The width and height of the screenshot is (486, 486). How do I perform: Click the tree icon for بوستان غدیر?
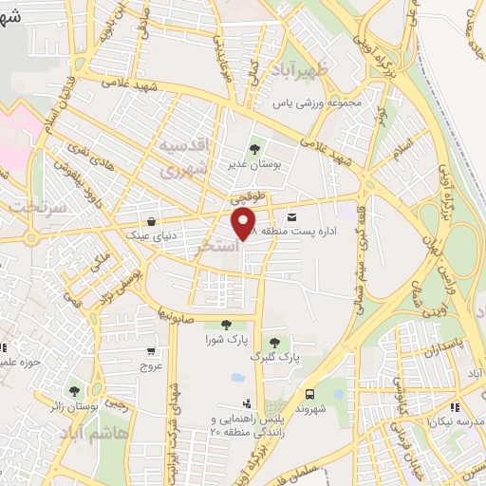253,148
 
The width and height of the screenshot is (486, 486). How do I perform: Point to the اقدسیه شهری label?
180,159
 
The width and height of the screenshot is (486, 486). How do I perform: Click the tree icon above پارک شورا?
225,325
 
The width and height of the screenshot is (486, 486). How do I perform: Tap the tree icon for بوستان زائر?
74,390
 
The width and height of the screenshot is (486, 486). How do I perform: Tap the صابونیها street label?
177,310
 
